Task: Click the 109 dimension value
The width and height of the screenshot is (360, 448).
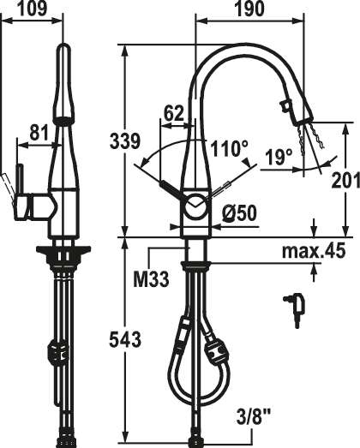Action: pos(32,9)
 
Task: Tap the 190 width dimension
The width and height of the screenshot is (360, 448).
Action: pos(249,9)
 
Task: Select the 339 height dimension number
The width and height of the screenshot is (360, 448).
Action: pos(125,140)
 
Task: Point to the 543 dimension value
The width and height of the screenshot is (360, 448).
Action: pos(125,339)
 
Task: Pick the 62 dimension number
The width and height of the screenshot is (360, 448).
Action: pos(173,113)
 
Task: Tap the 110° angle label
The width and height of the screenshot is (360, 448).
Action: pos(229,148)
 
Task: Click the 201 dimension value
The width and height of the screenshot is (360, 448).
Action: pos(345,181)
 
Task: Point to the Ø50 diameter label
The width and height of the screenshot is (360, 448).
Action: pos(239,213)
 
